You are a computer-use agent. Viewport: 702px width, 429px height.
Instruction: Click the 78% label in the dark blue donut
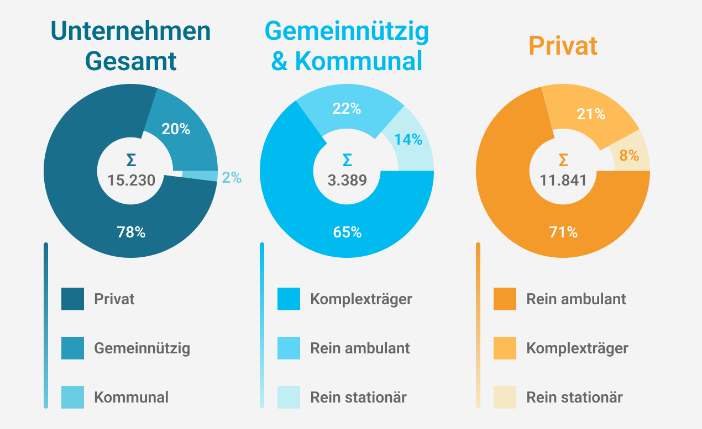[x=131, y=232]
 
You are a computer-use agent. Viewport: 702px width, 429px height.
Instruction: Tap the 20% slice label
[x=176, y=129]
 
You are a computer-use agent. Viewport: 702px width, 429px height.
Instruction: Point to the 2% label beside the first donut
[x=232, y=177]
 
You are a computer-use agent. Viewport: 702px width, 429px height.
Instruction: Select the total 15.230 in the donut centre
[x=131, y=181]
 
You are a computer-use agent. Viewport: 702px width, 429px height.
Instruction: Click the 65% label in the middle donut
[x=347, y=232]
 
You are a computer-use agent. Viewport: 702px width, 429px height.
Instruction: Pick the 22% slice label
[x=347, y=109]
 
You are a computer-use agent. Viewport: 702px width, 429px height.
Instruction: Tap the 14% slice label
[x=408, y=140]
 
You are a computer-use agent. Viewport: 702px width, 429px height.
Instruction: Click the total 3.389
[x=347, y=181]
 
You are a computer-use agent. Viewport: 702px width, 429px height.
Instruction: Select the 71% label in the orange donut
[x=563, y=232]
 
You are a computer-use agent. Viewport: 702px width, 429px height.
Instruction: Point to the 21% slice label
[x=591, y=115]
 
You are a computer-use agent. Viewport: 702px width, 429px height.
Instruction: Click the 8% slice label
[x=629, y=156]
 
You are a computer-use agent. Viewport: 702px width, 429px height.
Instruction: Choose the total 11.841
[x=563, y=181]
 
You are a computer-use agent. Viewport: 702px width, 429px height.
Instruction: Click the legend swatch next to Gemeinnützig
[x=73, y=348]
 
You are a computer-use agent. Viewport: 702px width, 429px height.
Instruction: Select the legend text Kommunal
[x=131, y=397]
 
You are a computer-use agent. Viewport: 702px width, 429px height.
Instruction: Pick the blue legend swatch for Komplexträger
[x=289, y=299]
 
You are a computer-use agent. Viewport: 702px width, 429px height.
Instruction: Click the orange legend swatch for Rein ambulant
[x=505, y=299]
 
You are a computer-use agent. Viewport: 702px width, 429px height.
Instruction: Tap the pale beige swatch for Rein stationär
[x=505, y=397]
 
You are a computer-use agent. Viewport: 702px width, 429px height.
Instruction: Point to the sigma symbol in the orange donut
[x=563, y=160]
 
